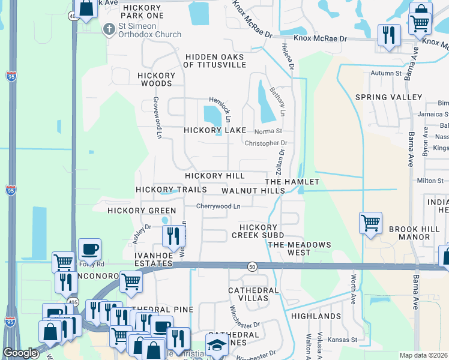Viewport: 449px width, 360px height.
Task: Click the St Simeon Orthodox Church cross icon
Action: coord(109,28)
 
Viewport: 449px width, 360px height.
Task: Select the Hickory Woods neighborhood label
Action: coord(156,80)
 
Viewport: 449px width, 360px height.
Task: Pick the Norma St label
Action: coord(268,131)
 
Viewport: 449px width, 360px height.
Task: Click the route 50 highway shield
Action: coord(252,265)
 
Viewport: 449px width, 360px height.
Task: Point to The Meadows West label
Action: coord(299,248)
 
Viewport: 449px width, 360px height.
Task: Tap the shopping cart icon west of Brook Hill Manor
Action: coord(370,224)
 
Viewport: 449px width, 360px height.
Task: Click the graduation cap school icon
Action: coord(216,344)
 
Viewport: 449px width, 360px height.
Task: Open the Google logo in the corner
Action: coord(20,353)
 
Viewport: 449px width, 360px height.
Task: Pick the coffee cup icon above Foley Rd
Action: coord(89,248)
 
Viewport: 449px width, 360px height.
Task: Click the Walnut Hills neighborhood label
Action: coord(253,190)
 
